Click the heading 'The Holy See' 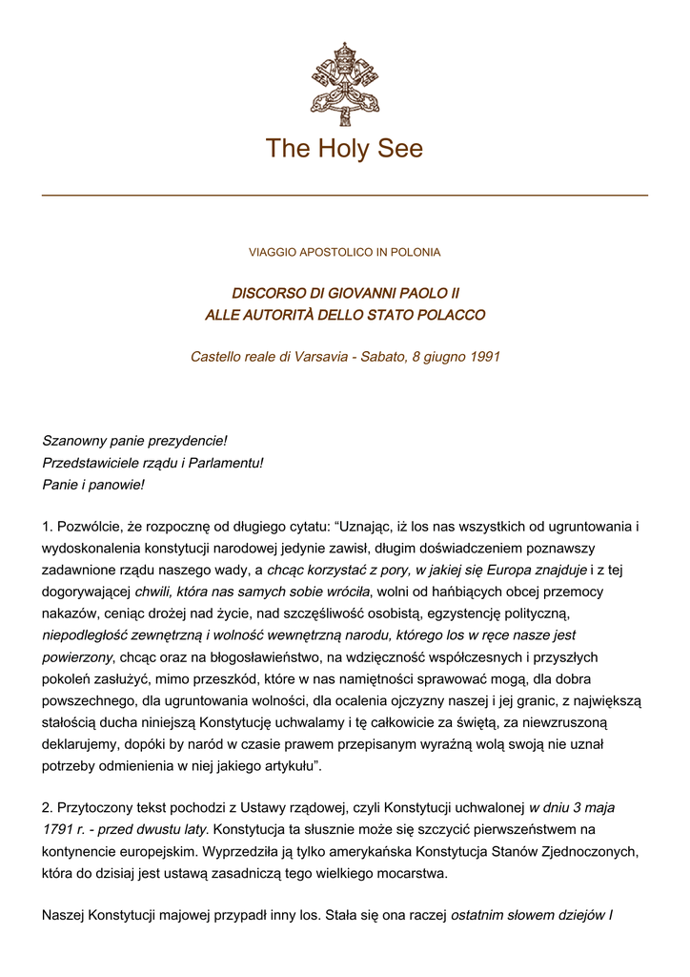coord(344,149)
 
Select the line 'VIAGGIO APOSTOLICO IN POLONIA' coord(344,253)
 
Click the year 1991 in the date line coord(485,357)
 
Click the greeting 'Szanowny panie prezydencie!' coord(134,441)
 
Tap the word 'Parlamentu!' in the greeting coord(226,463)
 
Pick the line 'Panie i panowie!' coord(93,485)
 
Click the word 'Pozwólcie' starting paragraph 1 coord(91,526)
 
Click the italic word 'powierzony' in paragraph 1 coord(77,657)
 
